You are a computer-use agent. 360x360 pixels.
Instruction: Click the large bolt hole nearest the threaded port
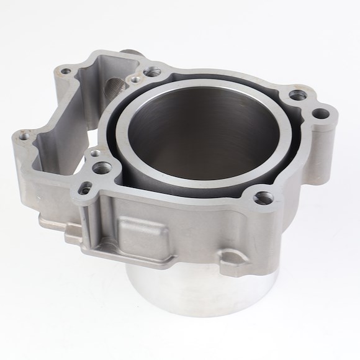[151, 73]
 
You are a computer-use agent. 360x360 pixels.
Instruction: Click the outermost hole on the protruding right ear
[320, 114]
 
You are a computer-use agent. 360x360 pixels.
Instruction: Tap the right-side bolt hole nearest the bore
[297, 96]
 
